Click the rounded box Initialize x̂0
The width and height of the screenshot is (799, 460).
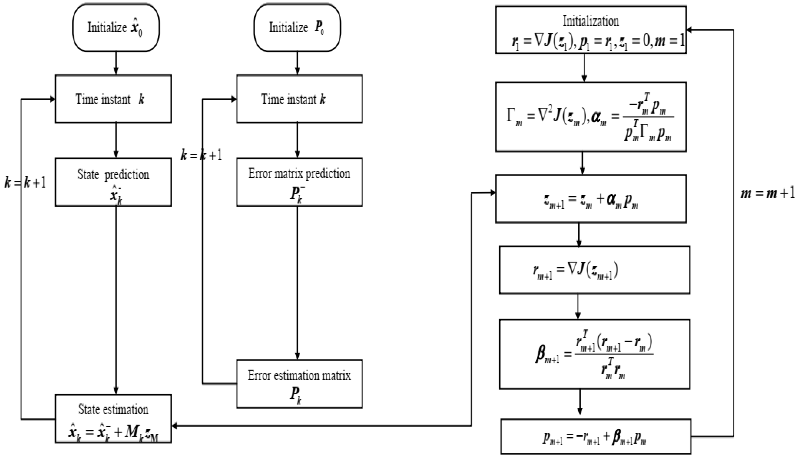[x=116, y=28]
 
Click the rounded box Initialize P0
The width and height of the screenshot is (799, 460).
[x=297, y=28]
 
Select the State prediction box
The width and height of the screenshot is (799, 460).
[x=113, y=182]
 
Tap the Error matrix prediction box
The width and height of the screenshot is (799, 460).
[x=299, y=182]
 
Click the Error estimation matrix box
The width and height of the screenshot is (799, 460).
[x=299, y=383]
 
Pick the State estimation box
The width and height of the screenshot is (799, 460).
[x=113, y=418]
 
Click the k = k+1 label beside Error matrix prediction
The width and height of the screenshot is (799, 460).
[x=201, y=155]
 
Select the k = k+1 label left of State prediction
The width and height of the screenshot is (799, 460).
[x=25, y=183]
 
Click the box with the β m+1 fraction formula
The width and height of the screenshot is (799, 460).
[x=594, y=354]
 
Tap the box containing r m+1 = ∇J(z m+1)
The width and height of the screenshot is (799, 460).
[x=594, y=270]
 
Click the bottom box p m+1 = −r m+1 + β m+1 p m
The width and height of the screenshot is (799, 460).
[x=595, y=437]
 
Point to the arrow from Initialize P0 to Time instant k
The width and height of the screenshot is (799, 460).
[x=297, y=63]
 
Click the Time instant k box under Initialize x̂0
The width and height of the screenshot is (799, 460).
[x=113, y=99]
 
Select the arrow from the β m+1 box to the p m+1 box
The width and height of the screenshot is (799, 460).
[x=580, y=401]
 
